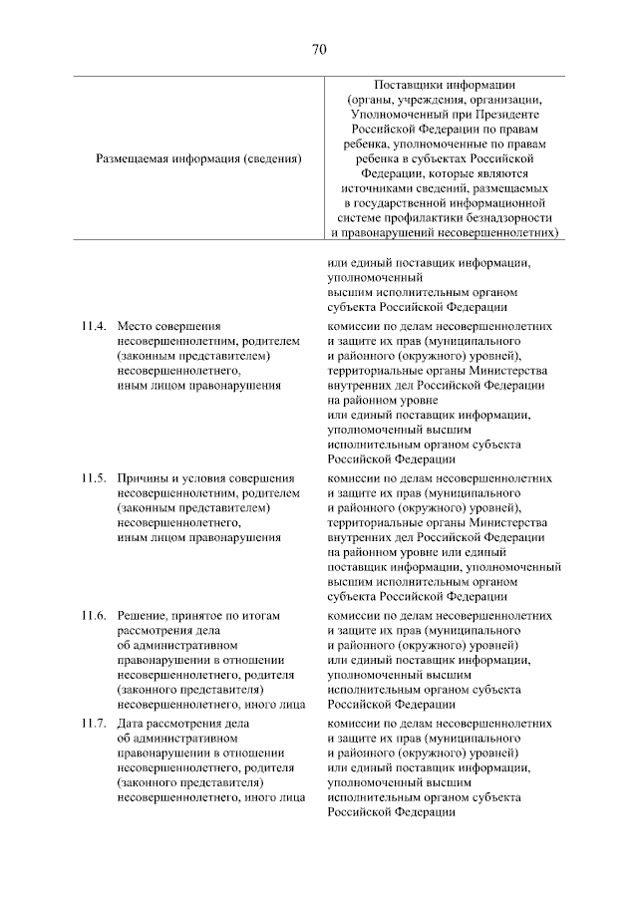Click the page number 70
coord(319,49)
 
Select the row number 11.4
coord(94,326)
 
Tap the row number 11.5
coord(94,478)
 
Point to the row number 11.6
coord(94,616)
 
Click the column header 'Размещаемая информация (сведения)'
coord(199,157)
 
